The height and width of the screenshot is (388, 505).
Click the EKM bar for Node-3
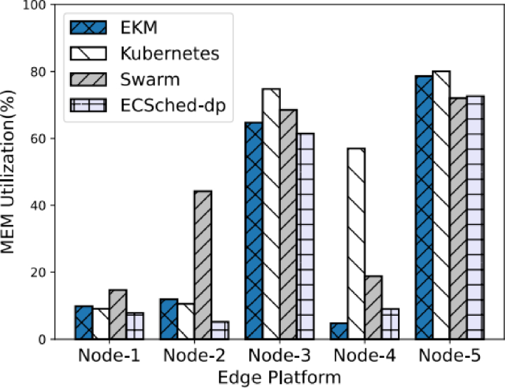coord(252,230)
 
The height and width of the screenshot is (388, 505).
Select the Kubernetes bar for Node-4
coord(357,243)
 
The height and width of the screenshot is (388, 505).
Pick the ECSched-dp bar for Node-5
coord(476,217)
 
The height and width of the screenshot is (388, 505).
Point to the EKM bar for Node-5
coord(422,207)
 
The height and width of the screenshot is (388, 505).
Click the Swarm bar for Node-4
coord(374,308)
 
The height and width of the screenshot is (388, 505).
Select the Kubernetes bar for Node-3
coord(271,214)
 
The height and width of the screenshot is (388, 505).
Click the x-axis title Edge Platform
coord(279,377)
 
